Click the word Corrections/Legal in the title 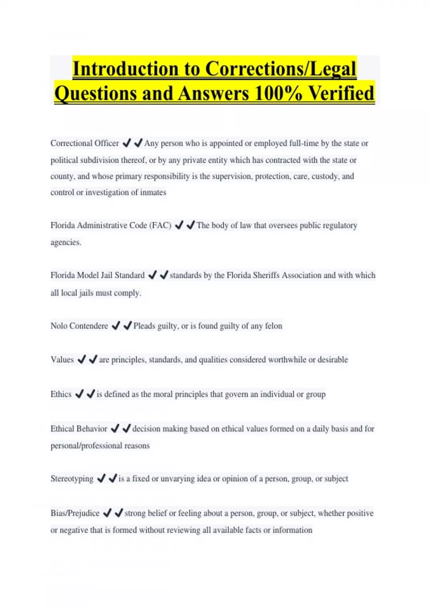[281, 69]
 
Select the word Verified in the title [341, 93]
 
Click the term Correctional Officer [85, 143]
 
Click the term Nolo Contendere [79, 326]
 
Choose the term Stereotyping [72, 479]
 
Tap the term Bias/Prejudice [75, 513]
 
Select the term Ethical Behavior [79, 428]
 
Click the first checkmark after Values [82, 359]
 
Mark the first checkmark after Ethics [79, 394]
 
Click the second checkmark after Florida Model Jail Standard [164, 275]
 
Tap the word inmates [153, 192]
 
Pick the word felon [273, 326]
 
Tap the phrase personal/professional [86, 446]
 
